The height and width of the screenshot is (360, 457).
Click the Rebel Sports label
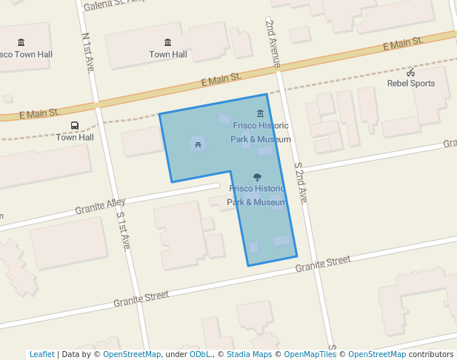click(x=411, y=84)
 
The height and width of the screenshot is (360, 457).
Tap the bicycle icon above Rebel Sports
click(x=411, y=72)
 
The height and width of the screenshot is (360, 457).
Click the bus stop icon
click(x=74, y=126)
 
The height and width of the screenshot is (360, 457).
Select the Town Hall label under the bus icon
click(x=75, y=137)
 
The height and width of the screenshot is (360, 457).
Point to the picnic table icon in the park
click(x=198, y=144)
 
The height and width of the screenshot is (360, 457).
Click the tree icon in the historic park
click(x=257, y=177)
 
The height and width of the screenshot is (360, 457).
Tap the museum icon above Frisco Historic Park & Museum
click(x=260, y=113)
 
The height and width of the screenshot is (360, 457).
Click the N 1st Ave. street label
click(x=88, y=52)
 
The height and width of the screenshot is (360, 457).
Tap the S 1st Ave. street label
click(x=123, y=230)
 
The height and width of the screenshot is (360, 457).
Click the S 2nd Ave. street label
click(x=301, y=183)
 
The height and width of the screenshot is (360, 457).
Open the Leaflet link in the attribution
click(x=41, y=354)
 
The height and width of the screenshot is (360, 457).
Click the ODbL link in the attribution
click(x=199, y=354)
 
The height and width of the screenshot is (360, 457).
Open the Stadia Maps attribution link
click(x=249, y=354)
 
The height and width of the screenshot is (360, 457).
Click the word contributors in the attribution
click(x=430, y=354)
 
